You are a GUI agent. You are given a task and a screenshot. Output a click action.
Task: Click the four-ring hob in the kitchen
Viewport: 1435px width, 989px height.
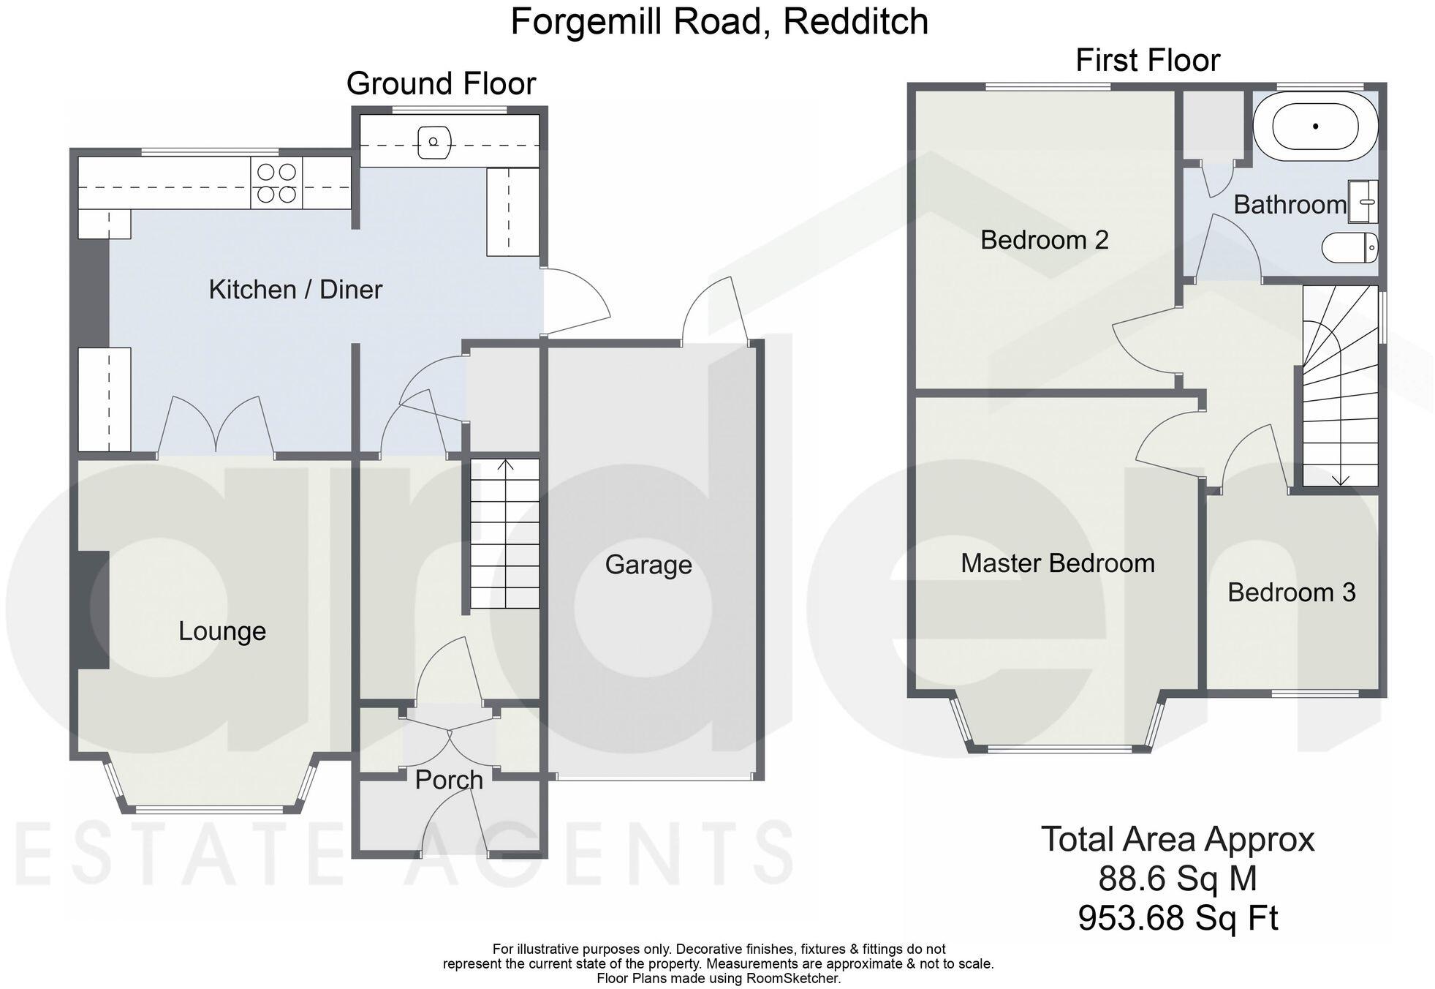(276, 183)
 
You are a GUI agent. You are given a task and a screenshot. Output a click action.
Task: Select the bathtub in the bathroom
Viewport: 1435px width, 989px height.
(1315, 127)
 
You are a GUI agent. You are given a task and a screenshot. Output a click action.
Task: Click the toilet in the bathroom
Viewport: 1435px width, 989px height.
(1349, 247)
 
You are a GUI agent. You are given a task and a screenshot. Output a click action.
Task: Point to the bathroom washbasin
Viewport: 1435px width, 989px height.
(1363, 201)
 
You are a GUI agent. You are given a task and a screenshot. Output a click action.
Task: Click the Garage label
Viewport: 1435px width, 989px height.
(648, 565)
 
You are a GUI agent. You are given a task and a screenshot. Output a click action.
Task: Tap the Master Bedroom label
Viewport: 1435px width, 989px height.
(1057, 563)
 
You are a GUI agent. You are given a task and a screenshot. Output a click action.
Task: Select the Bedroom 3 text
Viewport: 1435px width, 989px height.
(1291, 593)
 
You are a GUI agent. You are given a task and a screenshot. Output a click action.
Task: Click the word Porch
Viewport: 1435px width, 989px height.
(449, 780)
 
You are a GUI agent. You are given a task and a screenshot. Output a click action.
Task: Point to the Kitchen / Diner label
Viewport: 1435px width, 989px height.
(295, 290)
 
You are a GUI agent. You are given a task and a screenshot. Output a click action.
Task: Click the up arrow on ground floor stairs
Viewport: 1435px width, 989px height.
(505, 465)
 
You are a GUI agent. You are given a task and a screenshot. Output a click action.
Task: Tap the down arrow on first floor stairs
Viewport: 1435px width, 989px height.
(1340, 479)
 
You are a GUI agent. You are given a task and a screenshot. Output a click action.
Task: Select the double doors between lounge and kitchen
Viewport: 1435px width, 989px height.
(216, 428)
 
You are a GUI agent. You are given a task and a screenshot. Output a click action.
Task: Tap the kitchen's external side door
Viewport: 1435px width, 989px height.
(576, 301)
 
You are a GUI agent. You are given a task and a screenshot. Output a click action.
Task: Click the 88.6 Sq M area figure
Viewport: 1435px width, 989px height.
(1177, 879)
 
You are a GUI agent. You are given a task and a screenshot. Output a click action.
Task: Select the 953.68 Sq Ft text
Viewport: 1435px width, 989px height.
(1178, 918)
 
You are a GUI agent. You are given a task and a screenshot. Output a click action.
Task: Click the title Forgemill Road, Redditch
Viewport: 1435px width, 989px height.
(719, 22)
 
